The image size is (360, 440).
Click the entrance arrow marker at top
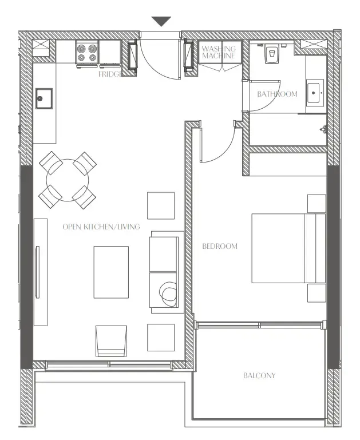(x=161, y=22)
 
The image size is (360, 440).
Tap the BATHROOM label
(x=277, y=94)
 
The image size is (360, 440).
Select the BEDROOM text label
(x=220, y=247)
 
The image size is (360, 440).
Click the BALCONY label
(x=259, y=376)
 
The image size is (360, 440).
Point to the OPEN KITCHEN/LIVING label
(x=101, y=227)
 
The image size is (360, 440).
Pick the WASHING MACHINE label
(x=218, y=53)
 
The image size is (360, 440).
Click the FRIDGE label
(x=109, y=74)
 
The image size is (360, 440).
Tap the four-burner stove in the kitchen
(x=86, y=53)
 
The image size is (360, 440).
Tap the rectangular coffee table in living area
(x=111, y=272)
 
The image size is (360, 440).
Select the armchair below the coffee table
(x=111, y=341)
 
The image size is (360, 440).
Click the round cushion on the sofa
(x=168, y=294)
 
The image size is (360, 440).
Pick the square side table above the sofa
(x=161, y=205)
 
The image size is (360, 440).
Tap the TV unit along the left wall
(x=40, y=272)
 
